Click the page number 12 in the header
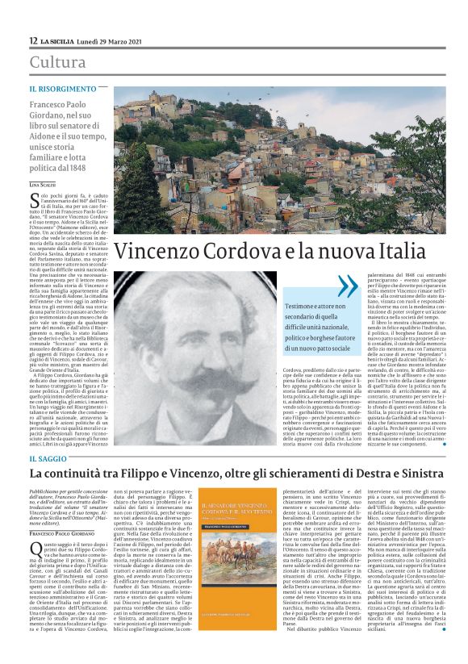33,40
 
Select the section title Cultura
57,61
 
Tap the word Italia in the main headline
403,251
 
